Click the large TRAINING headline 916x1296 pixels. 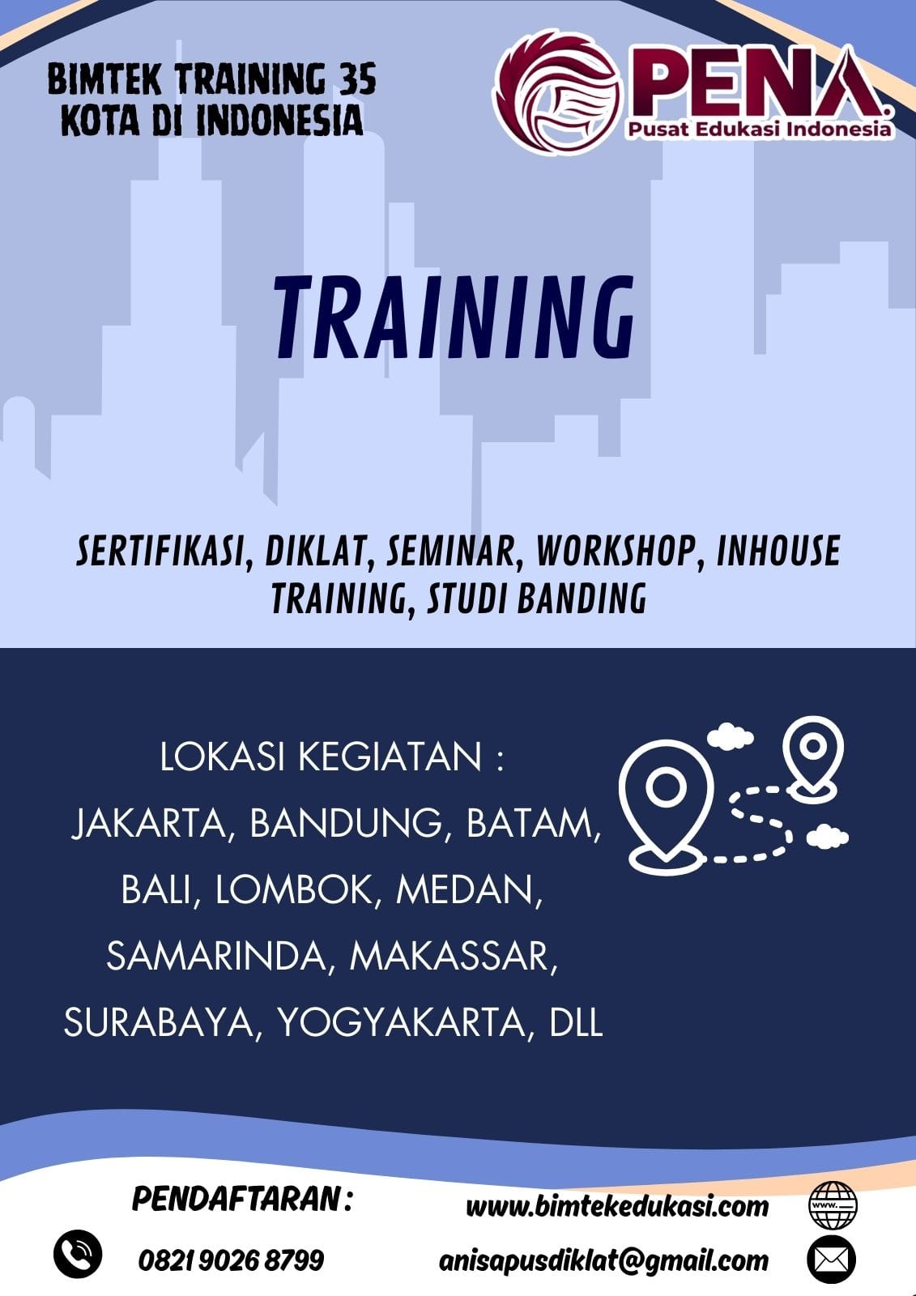click(454, 318)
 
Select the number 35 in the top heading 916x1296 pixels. click(357, 80)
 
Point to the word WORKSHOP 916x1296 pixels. click(615, 551)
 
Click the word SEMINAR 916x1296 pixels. click(449, 551)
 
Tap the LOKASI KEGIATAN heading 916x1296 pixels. click(331, 757)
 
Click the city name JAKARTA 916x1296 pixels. click(152, 824)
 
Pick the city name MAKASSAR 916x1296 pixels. click(454, 957)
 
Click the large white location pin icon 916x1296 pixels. click(666, 802)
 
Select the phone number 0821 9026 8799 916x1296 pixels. click(231, 1260)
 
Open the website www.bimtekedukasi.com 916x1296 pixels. click(617, 1206)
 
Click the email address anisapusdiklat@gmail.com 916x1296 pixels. click(603, 1260)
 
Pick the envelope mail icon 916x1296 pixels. click(832, 1260)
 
